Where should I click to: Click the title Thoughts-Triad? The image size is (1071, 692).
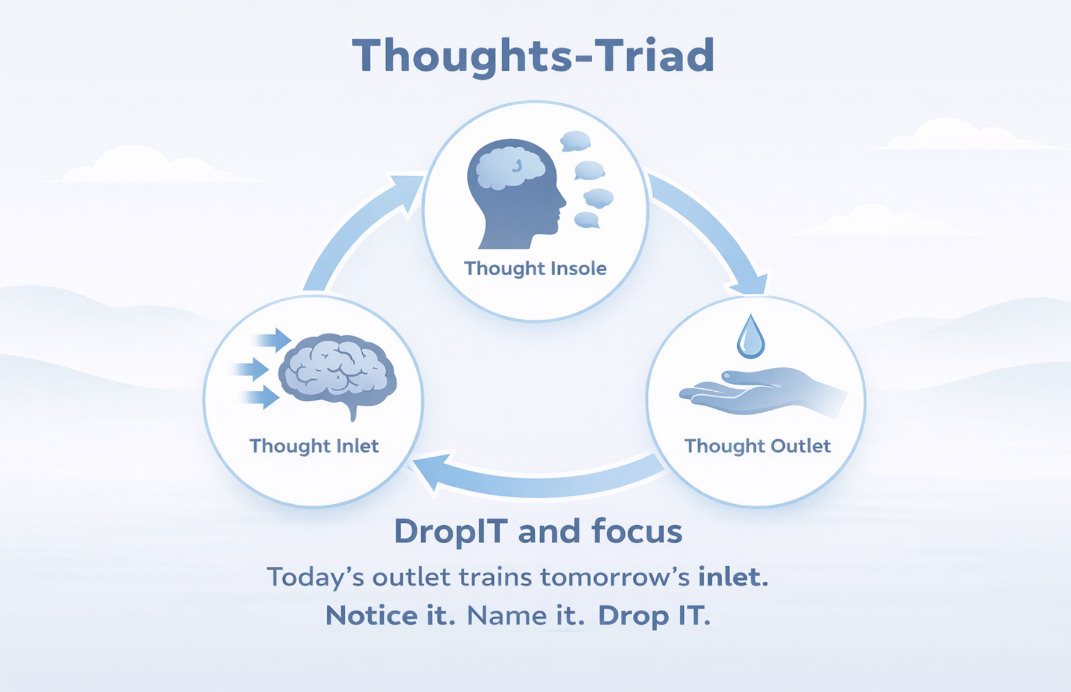tap(533, 56)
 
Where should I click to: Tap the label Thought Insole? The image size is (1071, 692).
tap(535, 268)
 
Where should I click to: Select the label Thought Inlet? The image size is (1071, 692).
tap(314, 446)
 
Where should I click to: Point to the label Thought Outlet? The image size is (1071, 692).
tap(757, 446)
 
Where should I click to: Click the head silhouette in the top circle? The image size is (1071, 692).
tap(516, 194)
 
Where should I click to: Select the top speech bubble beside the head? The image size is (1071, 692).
tap(575, 141)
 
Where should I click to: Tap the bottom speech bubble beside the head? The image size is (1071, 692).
tap(586, 220)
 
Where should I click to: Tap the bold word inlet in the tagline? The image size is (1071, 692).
tap(733, 577)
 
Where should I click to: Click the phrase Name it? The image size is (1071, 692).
tap(526, 615)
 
